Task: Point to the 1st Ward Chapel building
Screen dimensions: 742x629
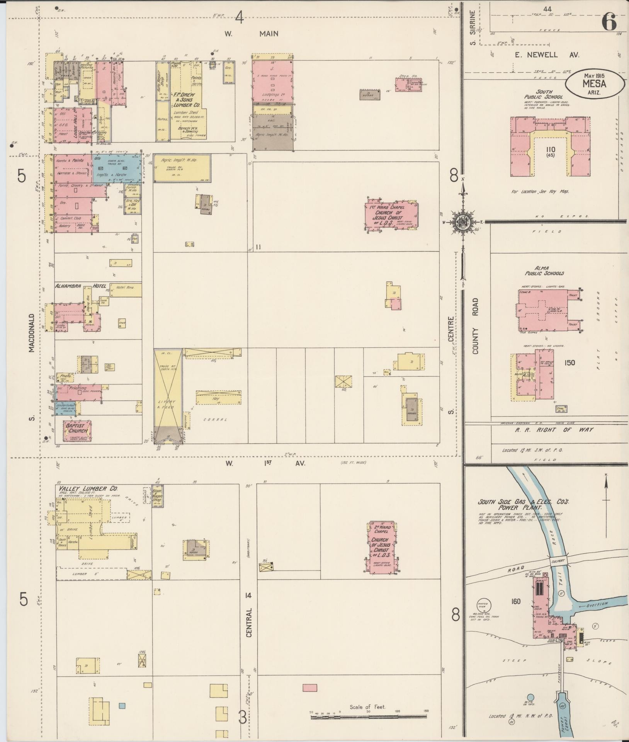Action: click(391, 216)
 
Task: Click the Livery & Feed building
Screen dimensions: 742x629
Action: click(167, 394)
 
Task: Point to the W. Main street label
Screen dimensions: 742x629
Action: click(252, 34)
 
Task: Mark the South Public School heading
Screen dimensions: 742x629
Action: click(543, 94)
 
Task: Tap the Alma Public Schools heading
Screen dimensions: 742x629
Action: click(543, 271)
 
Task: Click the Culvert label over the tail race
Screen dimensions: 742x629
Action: click(558, 560)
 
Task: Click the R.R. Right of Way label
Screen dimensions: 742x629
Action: click(555, 430)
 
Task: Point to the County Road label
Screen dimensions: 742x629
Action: click(475, 325)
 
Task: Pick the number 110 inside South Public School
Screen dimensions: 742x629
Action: click(551, 150)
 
